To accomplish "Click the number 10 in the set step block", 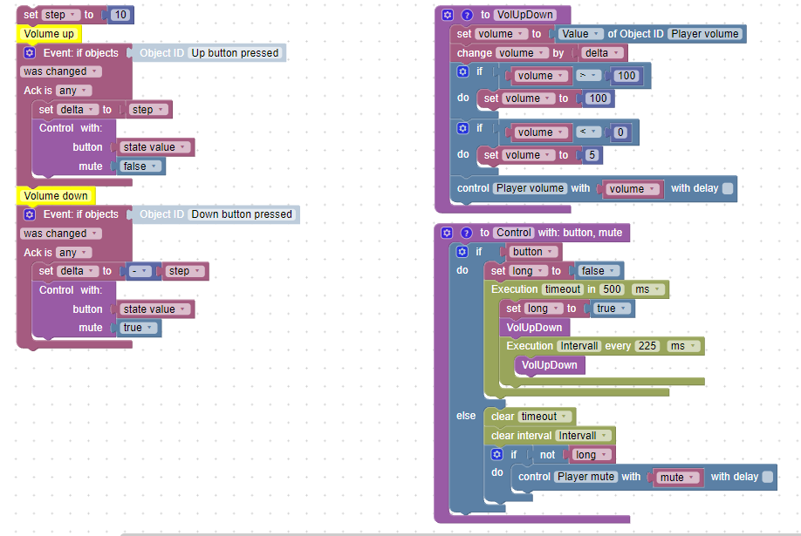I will [x=121, y=15].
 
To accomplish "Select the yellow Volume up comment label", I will [x=49, y=34].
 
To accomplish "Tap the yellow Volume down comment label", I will [x=55, y=196].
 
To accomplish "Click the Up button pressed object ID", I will [x=235, y=53].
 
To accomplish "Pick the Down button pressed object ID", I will [x=242, y=214].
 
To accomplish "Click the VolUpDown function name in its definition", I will [x=524, y=15].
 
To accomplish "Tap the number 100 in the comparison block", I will [x=626, y=76].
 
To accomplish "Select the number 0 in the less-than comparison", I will [x=620, y=132].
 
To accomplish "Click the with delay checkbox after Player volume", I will [x=728, y=188].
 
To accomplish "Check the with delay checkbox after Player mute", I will [x=767, y=477].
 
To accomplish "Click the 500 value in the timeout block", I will [x=612, y=289].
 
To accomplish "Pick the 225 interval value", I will [x=647, y=346].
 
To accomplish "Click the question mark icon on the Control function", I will [x=466, y=233].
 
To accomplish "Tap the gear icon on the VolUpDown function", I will [x=448, y=15].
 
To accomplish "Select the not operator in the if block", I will [x=547, y=455].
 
